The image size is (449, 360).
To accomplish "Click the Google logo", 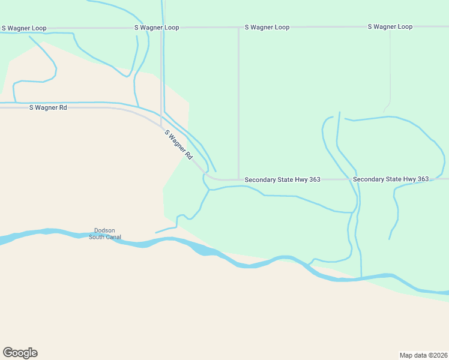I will (x=20, y=353).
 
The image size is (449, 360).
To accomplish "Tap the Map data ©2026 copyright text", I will (x=423, y=355).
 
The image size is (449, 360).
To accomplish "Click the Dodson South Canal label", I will (x=105, y=234).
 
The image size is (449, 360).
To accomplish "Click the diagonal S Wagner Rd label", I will (x=178, y=145).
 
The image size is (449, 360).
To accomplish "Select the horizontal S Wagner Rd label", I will (x=48, y=107).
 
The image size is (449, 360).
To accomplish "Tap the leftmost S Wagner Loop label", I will (x=24, y=28).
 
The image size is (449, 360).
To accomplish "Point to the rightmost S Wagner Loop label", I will (x=390, y=27).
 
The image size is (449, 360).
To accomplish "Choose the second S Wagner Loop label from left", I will (x=157, y=28).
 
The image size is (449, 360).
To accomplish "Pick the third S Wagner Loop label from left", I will (x=267, y=28).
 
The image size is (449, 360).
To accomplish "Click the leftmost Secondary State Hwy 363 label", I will (x=282, y=180).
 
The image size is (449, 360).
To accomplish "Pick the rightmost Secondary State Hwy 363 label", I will (x=391, y=179).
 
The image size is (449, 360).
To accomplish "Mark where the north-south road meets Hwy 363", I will (x=239, y=179).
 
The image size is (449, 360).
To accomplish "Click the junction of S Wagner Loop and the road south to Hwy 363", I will (x=239, y=28).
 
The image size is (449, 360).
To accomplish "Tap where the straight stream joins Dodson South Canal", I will (x=361, y=278).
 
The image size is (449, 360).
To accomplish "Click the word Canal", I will (x=113, y=238).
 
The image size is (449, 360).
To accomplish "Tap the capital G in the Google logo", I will (x=8, y=353).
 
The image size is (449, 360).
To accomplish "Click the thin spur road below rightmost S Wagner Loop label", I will (x=390, y=72).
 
